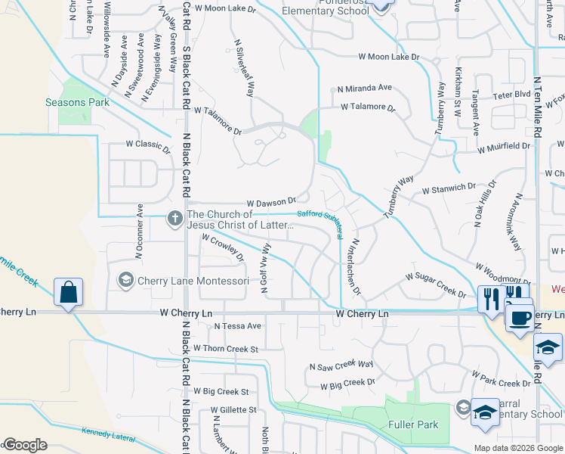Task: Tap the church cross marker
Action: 174,219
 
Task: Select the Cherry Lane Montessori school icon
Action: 125,281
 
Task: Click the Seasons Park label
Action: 77,102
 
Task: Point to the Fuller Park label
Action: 412,424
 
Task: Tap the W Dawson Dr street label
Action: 272,203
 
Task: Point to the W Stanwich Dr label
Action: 449,186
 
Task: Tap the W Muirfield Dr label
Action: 503,146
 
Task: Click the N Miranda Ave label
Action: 365,88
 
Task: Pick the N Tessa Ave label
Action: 237,326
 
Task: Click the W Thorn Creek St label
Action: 226,349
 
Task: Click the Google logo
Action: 25,445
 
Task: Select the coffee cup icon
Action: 519,318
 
